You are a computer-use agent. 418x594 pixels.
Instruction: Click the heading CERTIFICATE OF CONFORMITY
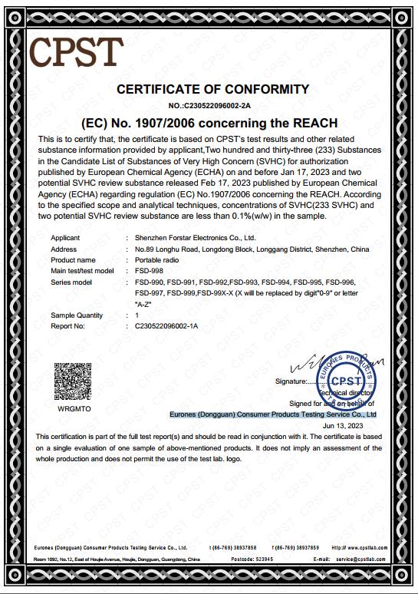[212, 90]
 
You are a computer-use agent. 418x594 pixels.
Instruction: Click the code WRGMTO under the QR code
[74, 410]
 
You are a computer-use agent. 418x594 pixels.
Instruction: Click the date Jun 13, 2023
[343, 425]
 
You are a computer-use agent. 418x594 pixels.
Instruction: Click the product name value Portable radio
[158, 260]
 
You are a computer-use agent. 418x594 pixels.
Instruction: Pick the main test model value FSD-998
[150, 271]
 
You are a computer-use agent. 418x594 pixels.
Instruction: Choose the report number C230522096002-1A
[166, 325]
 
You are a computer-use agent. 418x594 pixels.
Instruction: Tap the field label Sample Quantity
[77, 315]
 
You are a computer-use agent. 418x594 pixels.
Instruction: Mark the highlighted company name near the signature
[273, 414]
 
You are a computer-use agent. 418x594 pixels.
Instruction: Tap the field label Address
[64, 249]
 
